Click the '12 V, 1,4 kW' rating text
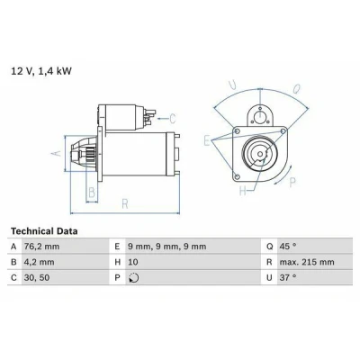point(41,71)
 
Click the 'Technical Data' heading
point(44,231)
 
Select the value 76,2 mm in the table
point(41,247)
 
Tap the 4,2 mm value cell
point(40,262)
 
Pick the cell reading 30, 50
point(37,278)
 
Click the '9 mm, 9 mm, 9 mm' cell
point(167,247)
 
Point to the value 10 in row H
point(133,262)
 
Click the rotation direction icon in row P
point(134,278)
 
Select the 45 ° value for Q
point(288,247)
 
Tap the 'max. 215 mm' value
point(307,262)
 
